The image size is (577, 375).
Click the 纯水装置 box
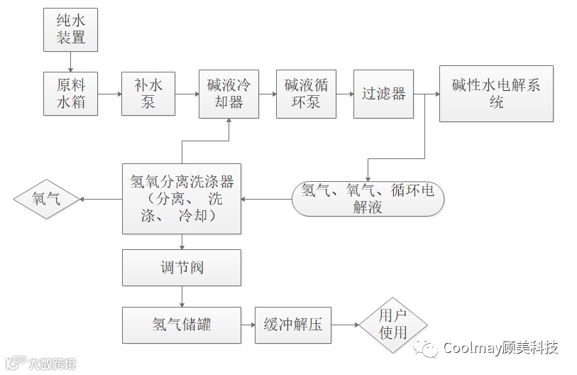(x=70, y=30)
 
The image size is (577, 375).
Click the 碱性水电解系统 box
(x=496, y=94)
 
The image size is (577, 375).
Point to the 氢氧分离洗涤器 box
(x=182, y=198)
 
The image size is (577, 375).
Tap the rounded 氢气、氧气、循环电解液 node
(x=368, y=199)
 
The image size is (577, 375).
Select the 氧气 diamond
(x=47, y=200)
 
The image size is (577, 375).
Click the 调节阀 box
(x=182, y=268)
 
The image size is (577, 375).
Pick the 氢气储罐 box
(x=182, y=325)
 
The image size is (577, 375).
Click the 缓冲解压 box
(x=293, y=325)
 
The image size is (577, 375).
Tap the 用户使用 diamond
(x=392, y=325)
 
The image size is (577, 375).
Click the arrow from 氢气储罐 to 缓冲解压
(x=248, y=325)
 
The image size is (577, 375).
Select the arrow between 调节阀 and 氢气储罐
(x=182, y=296)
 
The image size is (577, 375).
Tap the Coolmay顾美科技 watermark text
(x=500, y=348)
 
